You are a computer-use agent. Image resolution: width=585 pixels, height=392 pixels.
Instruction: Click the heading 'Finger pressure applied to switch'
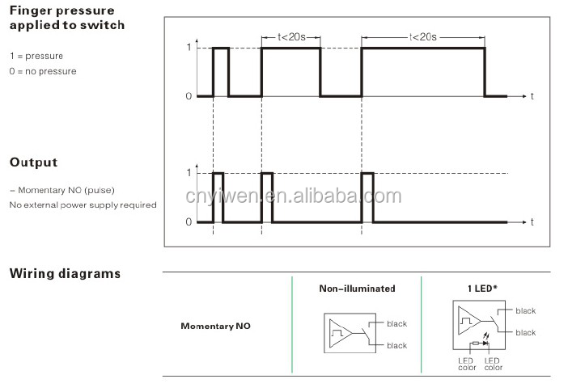pos(66,19)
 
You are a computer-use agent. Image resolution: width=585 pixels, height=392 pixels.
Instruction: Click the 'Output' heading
pos(33,162)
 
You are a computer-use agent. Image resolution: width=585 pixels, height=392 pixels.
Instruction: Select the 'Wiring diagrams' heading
pos(65,273)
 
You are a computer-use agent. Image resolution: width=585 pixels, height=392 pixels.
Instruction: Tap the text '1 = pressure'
pos(36,56)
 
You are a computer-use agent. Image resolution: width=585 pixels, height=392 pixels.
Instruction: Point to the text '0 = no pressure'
pos(43,71)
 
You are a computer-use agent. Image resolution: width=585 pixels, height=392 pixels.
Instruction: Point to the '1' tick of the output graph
pos(189,172)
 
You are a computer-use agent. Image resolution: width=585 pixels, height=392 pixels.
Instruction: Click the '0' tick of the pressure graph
pos(189,96)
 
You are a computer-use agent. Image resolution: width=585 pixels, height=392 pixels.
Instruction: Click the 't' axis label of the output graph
pos(532,221)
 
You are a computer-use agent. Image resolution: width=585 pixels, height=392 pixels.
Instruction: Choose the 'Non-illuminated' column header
pos(357,289)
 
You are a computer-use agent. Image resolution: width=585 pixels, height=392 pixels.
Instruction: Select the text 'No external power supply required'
pos(83,205)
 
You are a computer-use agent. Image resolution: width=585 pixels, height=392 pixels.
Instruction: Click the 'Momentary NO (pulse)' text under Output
pos(61,190)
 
